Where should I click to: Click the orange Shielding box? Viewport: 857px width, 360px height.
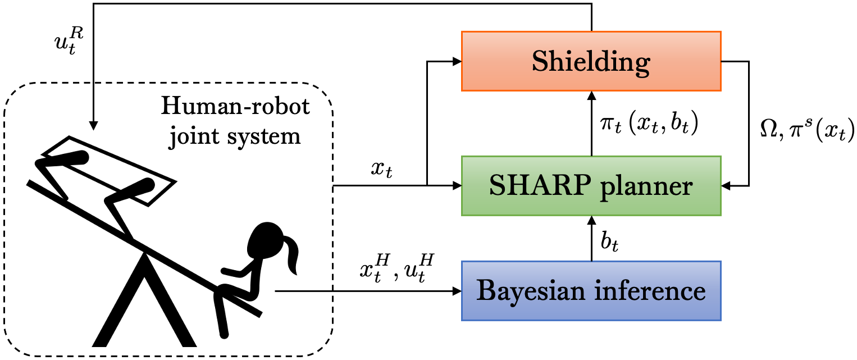[x=591, y=61]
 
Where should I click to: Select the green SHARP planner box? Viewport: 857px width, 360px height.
[x=591, y=185]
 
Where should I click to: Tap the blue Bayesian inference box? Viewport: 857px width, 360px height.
[x=591, y=290]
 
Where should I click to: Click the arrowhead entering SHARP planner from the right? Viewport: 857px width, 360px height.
[x=726, y=185]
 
